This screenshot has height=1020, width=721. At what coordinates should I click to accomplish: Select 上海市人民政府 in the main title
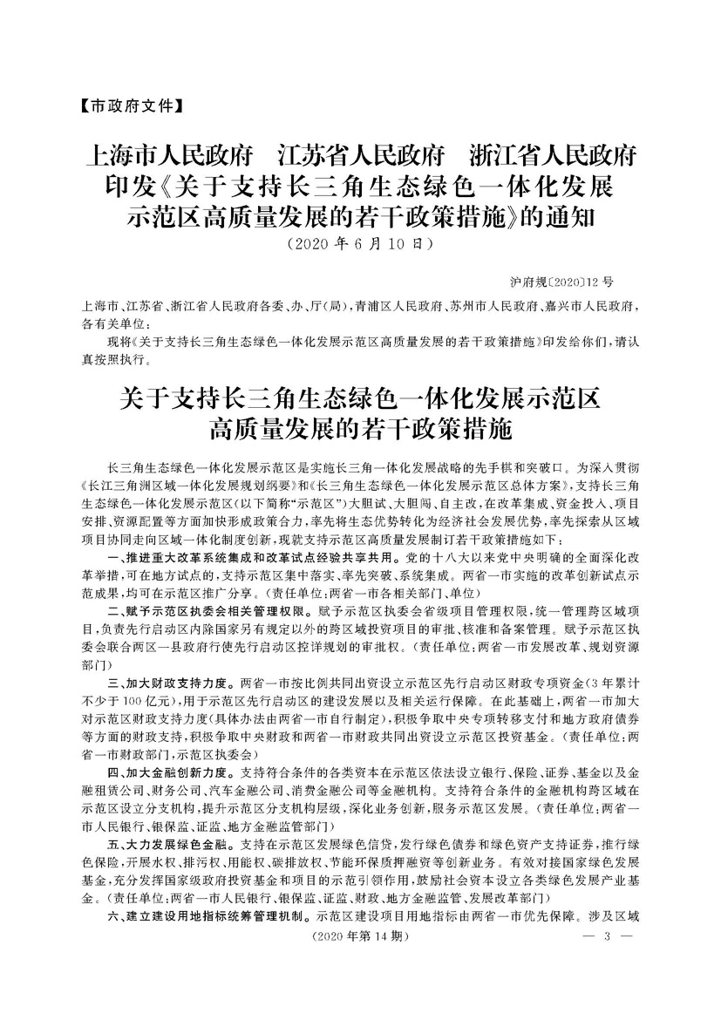click(167, 159)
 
